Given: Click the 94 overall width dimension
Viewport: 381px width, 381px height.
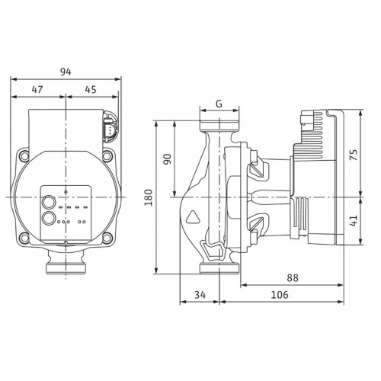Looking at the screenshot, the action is (66, 72).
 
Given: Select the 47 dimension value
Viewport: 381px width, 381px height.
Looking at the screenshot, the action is (37, 89).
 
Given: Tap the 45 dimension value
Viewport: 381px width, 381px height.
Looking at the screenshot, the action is (91, 89).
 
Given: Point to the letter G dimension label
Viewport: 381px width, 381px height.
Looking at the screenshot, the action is (219, 104).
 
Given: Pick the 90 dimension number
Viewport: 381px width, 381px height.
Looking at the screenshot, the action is (167, 159).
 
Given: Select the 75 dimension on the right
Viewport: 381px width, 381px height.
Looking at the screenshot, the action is (354, 155).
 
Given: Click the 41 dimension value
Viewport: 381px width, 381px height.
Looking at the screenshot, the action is (354, 220).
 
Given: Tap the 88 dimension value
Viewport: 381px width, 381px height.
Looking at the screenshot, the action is (293, 278).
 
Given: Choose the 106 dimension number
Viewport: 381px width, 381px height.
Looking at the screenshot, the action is (280, 295).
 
